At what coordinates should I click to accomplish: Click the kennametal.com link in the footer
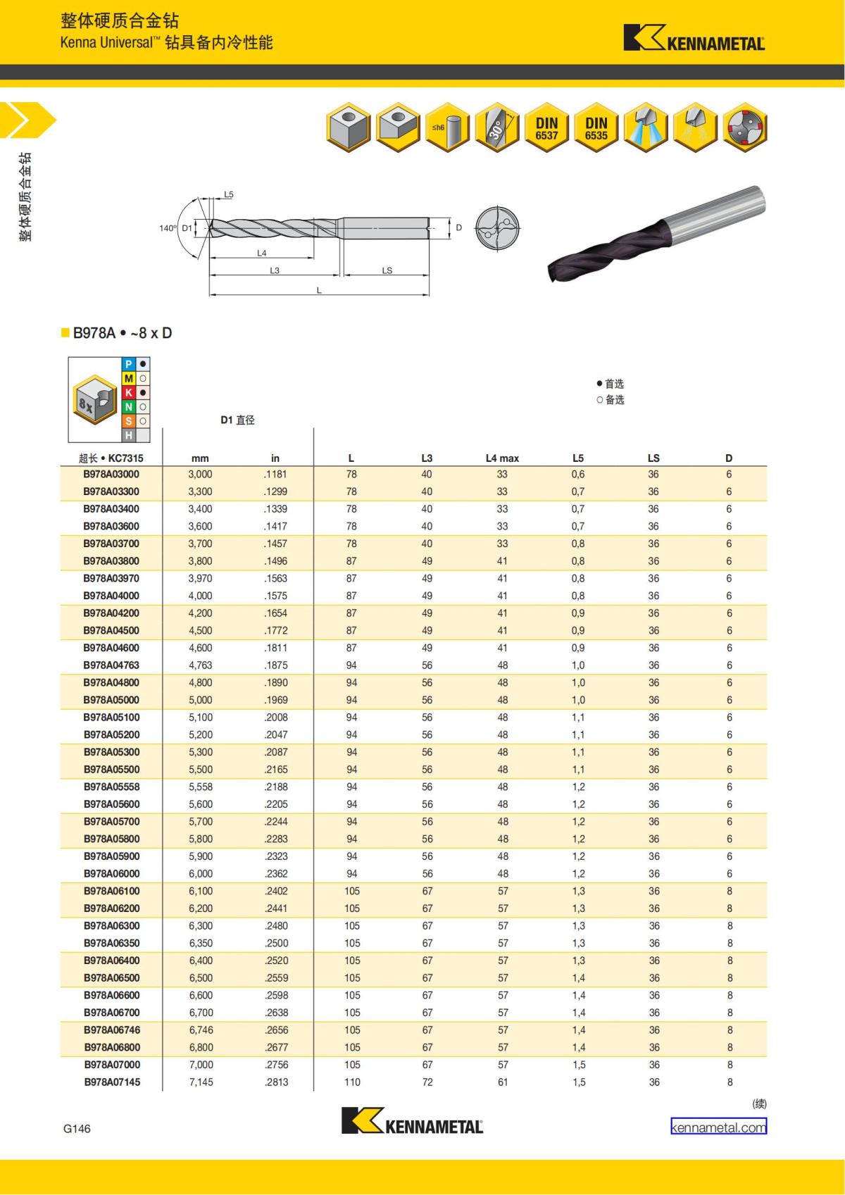pos(718,1127)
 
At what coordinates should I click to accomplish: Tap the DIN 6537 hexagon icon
pos(546,127)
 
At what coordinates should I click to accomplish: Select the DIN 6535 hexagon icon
pos(596,127)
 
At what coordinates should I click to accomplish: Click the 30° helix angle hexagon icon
pos(496,127)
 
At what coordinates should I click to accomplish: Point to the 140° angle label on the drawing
pos(167,227)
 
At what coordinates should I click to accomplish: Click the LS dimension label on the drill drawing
pos(387,270)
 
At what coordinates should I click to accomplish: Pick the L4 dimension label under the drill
pos(261,253)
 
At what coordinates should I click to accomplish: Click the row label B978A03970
pos(111,578)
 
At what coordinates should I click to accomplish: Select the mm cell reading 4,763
pos(200,665)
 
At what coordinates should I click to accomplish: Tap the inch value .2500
pos(276,943)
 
